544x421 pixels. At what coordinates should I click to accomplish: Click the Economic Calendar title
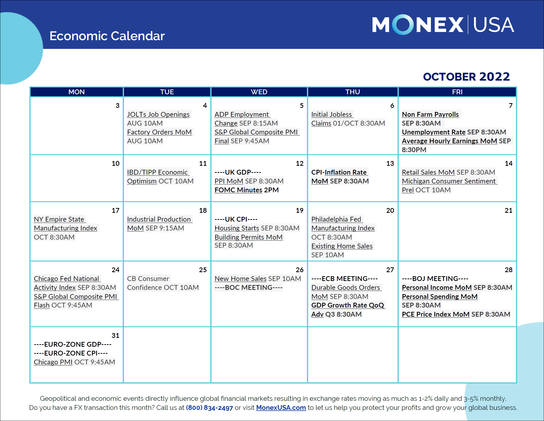click(107, 36)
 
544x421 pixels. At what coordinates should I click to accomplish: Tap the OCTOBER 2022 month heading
click(466, 77)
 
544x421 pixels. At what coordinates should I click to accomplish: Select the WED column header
click(259, 92)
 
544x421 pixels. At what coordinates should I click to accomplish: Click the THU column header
click(352, 92)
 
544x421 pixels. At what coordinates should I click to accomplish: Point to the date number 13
click(390, 163)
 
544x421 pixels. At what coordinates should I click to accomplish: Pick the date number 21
click(508, 210)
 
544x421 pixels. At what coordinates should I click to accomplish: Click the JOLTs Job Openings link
click(158, 114)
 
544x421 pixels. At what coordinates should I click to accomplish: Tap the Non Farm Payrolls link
click(430, 114)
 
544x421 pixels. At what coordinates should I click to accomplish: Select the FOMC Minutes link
click(238, 190)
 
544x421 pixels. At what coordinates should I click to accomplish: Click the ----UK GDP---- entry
click(238, 172)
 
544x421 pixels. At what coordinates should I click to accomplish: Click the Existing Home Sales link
click(342, 246)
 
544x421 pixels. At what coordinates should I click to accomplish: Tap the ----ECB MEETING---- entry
click(344, 279)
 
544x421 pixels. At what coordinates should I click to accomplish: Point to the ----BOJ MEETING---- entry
click(435, 279)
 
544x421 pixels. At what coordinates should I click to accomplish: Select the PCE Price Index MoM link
click(435, 314)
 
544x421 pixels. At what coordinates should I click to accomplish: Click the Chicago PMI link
click(53, 362)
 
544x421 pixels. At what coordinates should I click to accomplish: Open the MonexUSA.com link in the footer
click(281, 408)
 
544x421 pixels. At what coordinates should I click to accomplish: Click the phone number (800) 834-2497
click(209, 408)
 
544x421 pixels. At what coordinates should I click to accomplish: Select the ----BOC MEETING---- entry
click(248, 288)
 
